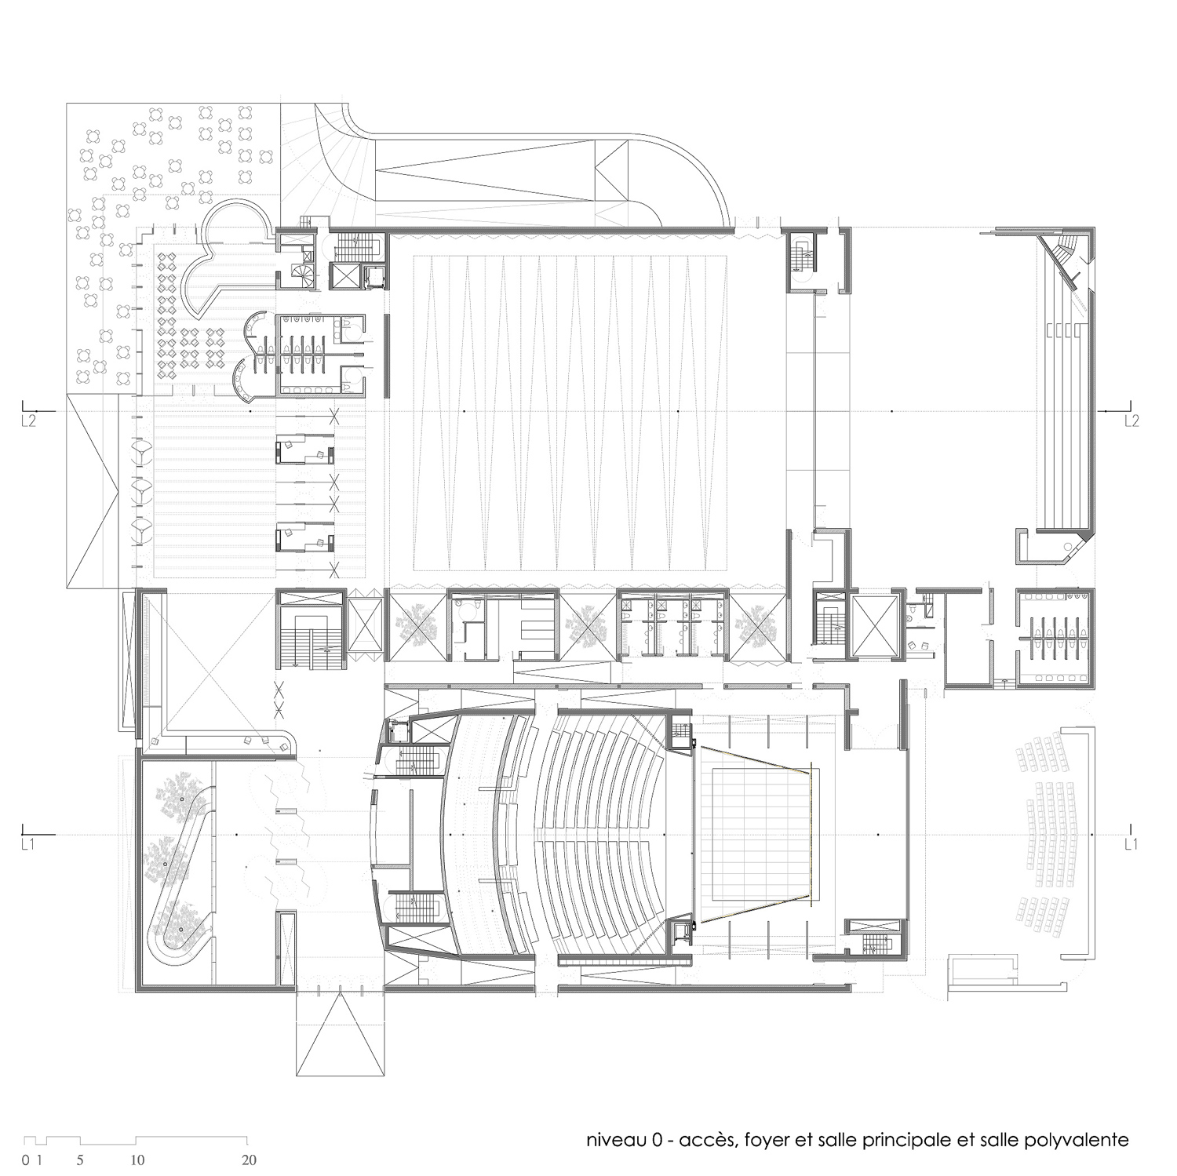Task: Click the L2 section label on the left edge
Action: (28, 421)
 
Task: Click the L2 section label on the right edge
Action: (1131, 421)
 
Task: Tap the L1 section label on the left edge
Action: (28, 844)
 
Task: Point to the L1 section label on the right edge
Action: (1131, 844)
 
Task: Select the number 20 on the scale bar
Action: (250, 1160)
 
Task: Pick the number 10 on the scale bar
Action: (137, 1160)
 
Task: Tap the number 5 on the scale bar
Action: (81, 1160)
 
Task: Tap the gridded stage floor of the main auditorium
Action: (760, 834)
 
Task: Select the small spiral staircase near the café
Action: (303, 273)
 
